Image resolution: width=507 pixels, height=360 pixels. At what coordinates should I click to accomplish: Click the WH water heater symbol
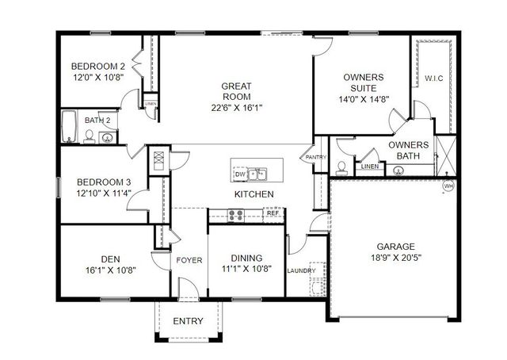448,186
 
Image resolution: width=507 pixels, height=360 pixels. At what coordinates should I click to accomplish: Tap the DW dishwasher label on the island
240,174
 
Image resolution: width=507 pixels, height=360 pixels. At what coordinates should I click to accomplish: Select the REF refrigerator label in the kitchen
273,213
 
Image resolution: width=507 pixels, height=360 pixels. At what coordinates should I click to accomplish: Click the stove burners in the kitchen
236,216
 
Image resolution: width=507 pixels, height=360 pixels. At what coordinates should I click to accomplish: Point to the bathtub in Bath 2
69,127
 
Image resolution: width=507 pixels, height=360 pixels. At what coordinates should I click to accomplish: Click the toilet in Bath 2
89,137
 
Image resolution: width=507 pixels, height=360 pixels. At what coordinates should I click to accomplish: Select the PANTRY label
316,157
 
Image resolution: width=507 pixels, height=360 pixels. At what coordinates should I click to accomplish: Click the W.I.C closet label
433,79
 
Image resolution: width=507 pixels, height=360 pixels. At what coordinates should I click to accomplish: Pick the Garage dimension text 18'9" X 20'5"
396,258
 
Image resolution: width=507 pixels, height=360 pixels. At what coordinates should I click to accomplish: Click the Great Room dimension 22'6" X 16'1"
236,108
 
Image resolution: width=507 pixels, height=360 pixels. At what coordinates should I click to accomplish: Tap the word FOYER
189,260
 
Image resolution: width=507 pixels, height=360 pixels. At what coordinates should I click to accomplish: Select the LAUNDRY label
301,270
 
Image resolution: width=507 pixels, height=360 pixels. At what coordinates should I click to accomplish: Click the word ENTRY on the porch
188,321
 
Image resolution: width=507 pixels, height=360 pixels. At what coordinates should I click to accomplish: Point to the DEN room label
111,259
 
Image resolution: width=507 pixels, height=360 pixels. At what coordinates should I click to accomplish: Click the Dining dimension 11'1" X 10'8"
246,269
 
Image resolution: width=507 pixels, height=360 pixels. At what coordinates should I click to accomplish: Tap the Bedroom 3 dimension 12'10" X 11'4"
104,193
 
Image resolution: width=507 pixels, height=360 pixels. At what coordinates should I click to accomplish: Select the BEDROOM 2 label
98,67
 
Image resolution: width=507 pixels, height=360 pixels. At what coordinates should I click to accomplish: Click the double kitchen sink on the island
257,174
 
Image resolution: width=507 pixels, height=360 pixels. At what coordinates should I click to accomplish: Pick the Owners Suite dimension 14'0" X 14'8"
364,99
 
